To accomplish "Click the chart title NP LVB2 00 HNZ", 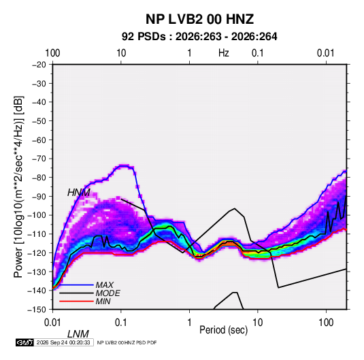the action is pyautogui.click(x=199, y=19).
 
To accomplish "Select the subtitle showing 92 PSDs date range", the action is pyautogui.click(x=199, y=37).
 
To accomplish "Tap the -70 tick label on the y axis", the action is pyautogui.click(x=39, y=159).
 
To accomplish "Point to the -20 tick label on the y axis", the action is pyautogui.click(x=39, y=65).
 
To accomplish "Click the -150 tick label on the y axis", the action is pyautogui.click(x=37, y=310).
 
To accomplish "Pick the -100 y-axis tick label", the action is pyautogui.click(x=37, y=215).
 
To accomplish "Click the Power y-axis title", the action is pyautogui.click(x=18, y=187).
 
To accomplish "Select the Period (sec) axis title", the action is pyautogui.click(x=224, y=330).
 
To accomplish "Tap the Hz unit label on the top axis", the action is pyautogui.click(x=224, y=53).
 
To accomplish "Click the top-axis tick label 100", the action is pyautogui.click(x=52, y=53).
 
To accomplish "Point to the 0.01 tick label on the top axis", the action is pyautogui.click(x=326, y=53).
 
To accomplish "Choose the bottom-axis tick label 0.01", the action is pyautogui.click(x=52, y=323).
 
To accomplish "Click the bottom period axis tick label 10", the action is pyautogui.click(x=257, y=323).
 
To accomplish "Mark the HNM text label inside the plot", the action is pyautogui.click(x=79, y=193).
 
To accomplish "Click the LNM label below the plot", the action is pyautogui.click(x=78, y=334).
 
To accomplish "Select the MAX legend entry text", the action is pyautogui.click(x=105, y=284).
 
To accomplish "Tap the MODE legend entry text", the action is pyautogui.click(x=108, y=293).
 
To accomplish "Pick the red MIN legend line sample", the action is pyautogui.click(x=76, y=301).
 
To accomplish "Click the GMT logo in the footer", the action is pyautogui.click(x=25, y=342).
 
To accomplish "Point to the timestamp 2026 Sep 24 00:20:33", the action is pyautogui.click(x=63, y=342).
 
